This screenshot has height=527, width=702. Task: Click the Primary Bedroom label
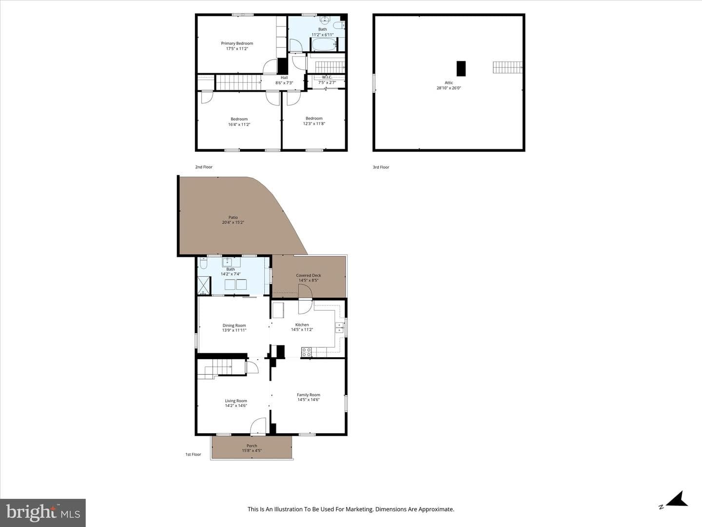[237, 43]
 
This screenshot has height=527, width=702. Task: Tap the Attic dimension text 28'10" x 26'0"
[448, 88]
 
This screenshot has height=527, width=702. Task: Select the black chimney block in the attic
[461, 68]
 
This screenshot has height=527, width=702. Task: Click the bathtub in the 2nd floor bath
[324, 44]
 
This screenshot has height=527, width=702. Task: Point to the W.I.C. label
[327, 77]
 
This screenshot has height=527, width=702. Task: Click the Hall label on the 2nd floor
[284, 78]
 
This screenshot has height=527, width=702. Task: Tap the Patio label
[233, 217]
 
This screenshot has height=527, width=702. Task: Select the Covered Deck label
[309, 275]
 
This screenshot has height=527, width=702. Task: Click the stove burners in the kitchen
[306, 352]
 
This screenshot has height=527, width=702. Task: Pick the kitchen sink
[339, 327]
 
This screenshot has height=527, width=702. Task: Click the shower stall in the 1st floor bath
[204, 285]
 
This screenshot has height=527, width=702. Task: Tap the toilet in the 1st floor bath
[203, 263]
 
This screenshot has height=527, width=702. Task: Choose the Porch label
[252, 446]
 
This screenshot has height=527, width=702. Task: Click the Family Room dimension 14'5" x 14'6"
[308, 400]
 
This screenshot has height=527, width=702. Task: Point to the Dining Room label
[234, 325]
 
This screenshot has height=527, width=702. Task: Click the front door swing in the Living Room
[258, 426]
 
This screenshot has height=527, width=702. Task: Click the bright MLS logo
[43, 512]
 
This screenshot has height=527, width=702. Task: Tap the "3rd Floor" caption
[381, 167]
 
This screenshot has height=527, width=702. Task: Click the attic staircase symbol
[507, 67]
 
